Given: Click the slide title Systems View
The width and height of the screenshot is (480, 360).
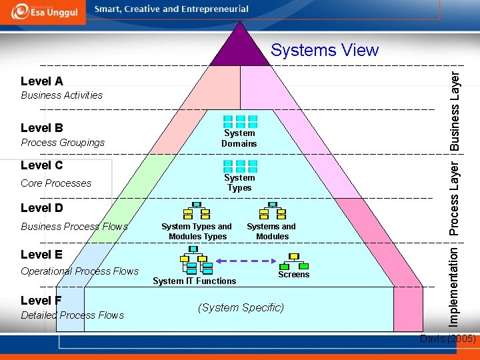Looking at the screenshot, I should [x=325, y=50].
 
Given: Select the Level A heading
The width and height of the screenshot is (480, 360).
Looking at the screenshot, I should [x=42, y=81].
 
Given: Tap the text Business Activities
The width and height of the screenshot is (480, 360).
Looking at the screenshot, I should [x=61, y=95].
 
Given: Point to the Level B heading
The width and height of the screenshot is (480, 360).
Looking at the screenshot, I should [x=42, y=127].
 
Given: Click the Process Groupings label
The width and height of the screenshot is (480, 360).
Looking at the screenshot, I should [x=63, y=143].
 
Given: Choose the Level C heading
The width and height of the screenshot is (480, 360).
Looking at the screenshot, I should [x=42, y=165].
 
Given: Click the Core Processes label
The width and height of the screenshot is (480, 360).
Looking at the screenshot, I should [x=56, y=183].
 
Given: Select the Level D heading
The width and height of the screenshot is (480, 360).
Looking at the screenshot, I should [x=42, y=208].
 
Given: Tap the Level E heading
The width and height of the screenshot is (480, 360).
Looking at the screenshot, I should [x=42, y=255].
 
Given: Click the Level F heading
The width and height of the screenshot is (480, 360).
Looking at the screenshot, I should [x=41, y=301].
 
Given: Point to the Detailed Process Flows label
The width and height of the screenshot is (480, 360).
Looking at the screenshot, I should [x=72, y=315].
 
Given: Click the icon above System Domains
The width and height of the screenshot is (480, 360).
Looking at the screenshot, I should [x=240, y=121].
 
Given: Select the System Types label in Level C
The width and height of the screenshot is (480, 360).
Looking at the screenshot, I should [x=239, y=183].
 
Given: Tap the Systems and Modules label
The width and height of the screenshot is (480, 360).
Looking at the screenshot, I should [x=271, y=231].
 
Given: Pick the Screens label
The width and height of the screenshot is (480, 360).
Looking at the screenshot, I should [x=294, y=275].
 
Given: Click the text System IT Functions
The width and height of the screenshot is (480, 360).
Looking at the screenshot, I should [x=194, y=281].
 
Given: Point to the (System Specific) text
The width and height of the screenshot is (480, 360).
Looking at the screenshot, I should [x=241, y=308].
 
